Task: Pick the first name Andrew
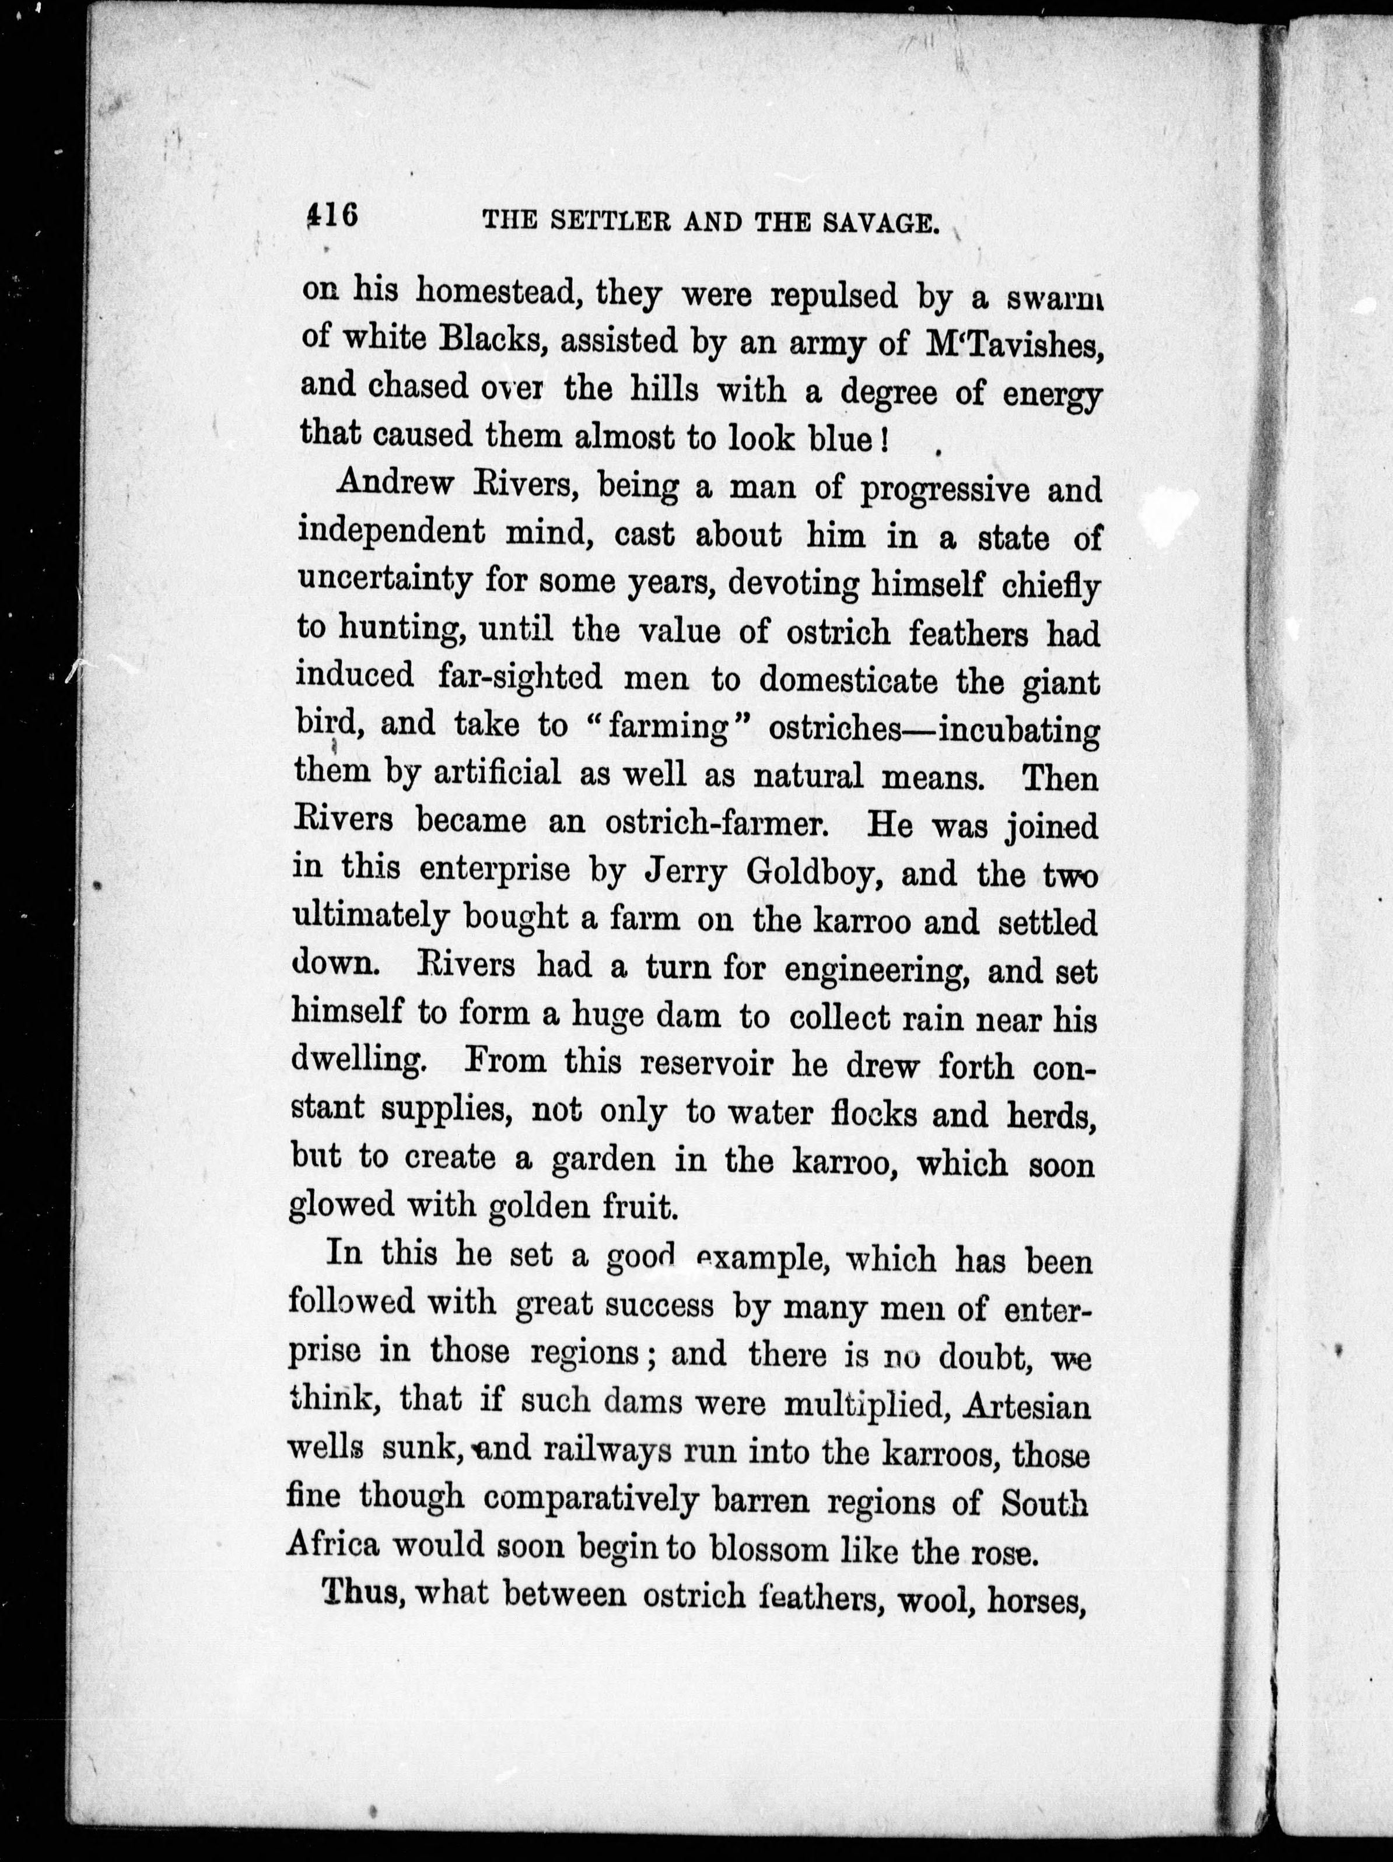click(395, 484)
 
